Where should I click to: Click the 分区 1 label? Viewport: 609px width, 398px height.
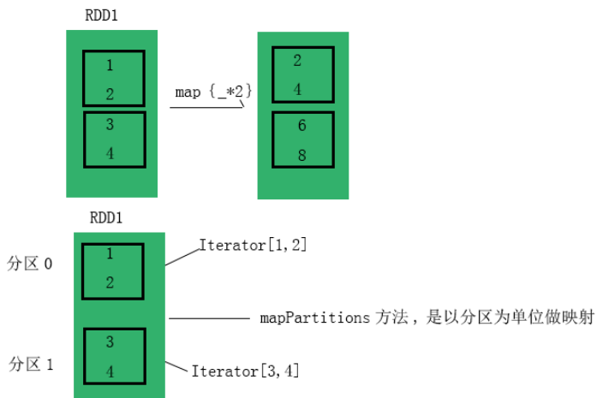tap(31, 364)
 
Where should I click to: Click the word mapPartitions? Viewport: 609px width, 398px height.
tap(314, 318)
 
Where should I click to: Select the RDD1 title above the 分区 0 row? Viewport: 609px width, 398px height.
tap(105, 217)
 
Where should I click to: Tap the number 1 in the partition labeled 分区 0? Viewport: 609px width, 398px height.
tap(110, 254)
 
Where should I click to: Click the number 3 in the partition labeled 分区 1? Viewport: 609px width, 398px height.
tap(110, 342)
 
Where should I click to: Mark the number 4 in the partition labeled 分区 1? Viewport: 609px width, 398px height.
tap(110, 372)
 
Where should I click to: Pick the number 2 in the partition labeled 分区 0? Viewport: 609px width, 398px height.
tap(110, 282)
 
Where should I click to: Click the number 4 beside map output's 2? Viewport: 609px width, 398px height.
tap(297, 88)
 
